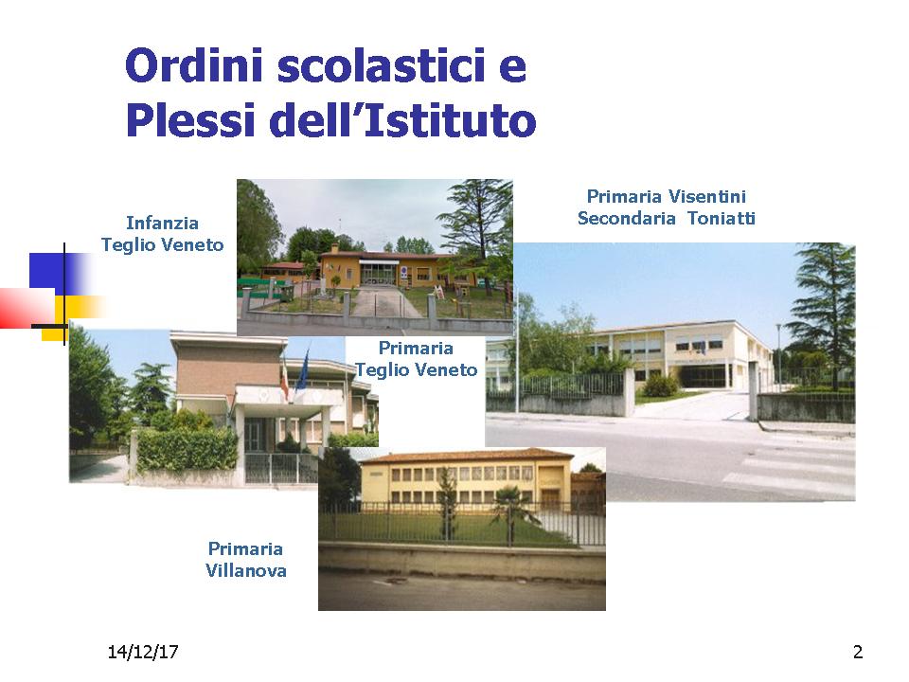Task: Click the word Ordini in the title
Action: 195,65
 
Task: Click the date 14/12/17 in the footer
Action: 143,652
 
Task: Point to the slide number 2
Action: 858,652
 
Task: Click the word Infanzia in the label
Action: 162,223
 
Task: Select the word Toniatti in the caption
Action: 722,218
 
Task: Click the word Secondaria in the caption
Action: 626,218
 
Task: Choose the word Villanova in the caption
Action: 246,570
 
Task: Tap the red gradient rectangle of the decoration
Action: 27,308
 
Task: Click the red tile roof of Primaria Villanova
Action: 467,456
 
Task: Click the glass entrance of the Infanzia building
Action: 379,273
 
